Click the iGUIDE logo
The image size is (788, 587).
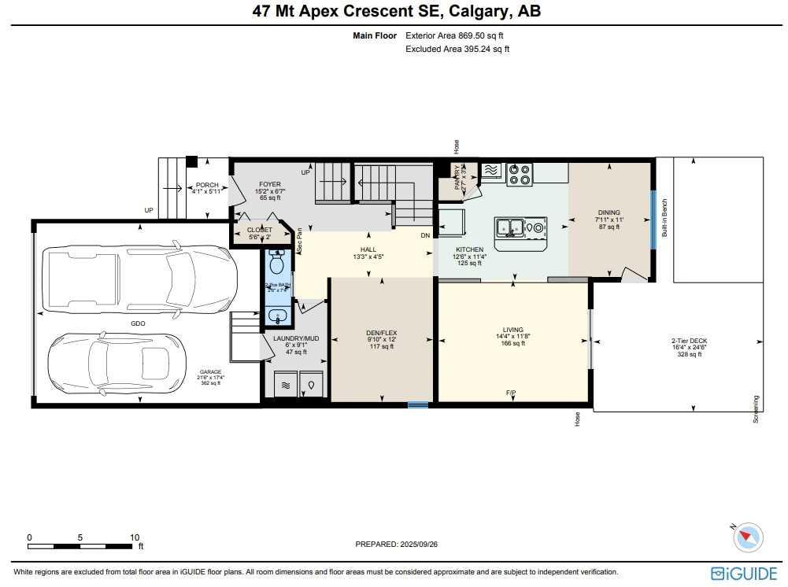coord(743,573)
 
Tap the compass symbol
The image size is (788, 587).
coord(748,538)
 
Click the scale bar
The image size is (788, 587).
coord(82,545)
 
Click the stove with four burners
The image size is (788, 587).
coord(520,173)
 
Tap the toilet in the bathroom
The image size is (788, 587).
coord(276,261)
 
